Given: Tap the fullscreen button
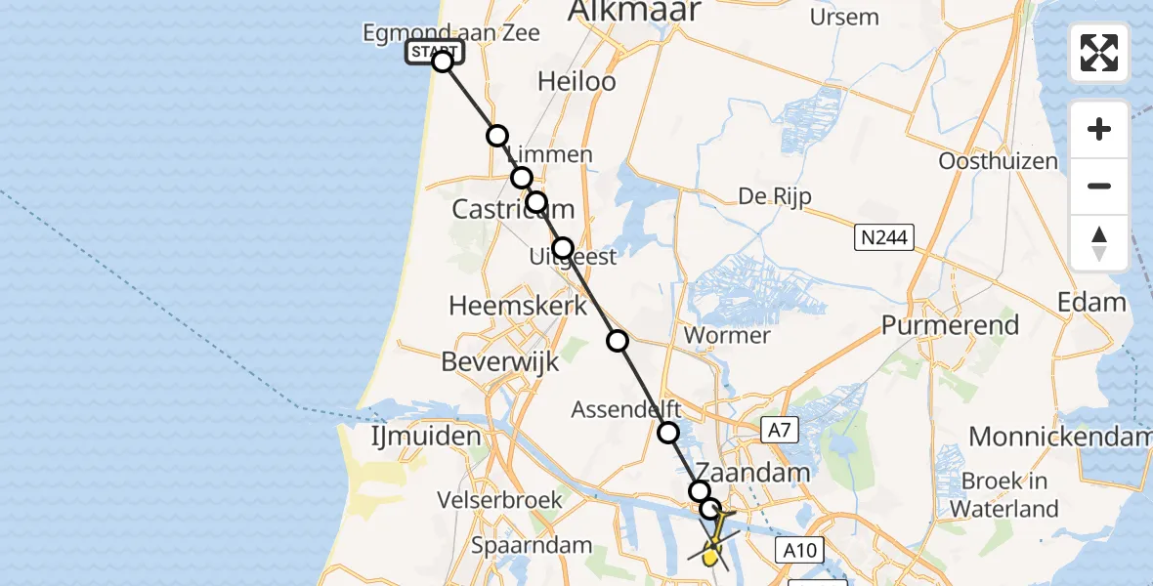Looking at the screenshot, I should click(1099, 53).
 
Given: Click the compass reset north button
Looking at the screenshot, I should click(1099, 242).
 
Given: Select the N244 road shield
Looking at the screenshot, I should click(883, 236).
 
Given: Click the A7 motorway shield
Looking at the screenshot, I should click(776, 427).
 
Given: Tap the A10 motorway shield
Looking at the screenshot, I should click(799, 550).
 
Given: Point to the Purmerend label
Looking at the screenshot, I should click(950, 325).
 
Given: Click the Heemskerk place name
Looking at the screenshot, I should click(518, 306).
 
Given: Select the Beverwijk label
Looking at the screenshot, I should click(500, 361).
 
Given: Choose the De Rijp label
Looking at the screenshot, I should click(775, 195).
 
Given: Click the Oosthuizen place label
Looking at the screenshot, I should click(998, 160).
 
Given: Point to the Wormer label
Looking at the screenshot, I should click(728, 336).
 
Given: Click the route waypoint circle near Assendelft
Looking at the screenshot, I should click(668, 433).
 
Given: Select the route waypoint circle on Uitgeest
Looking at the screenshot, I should click(562, 248).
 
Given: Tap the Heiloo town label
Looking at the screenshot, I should click(576, 81).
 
